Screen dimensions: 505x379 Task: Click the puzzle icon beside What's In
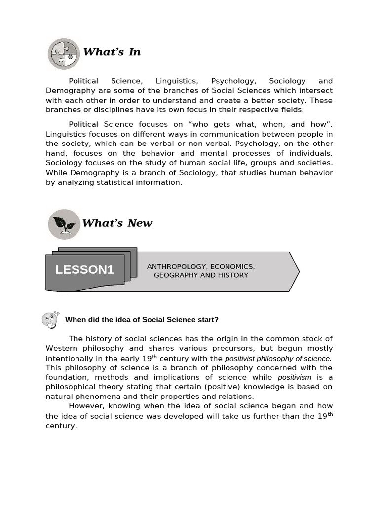[63, 53]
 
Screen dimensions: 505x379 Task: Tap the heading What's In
[112, 52]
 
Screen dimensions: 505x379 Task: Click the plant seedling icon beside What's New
[64, 224]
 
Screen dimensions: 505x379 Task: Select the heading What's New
[117, 223]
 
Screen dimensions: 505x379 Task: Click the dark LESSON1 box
[84, 270]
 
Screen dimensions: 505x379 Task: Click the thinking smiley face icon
[50, 320]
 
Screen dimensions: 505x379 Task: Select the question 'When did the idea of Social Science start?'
[142, 320]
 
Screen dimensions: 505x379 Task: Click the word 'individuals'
[311, 153]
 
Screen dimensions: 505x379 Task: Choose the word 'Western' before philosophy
[61, 348]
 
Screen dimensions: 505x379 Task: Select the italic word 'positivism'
[295, 377]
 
